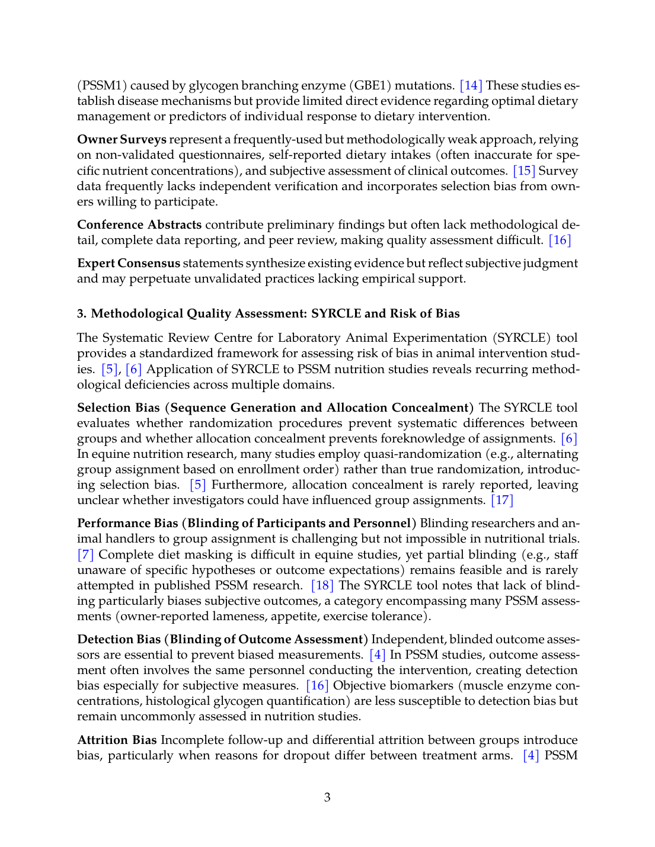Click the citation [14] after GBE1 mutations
471,85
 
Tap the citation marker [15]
524,171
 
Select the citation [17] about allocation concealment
502,500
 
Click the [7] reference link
86,554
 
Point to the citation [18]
322,585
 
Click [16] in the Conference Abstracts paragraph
560,240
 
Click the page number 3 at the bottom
327,797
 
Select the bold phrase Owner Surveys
122,140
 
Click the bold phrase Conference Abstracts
139,225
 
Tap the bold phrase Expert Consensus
129,263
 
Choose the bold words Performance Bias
127,523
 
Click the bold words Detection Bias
119,639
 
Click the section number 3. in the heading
82,313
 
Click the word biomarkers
423,685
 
